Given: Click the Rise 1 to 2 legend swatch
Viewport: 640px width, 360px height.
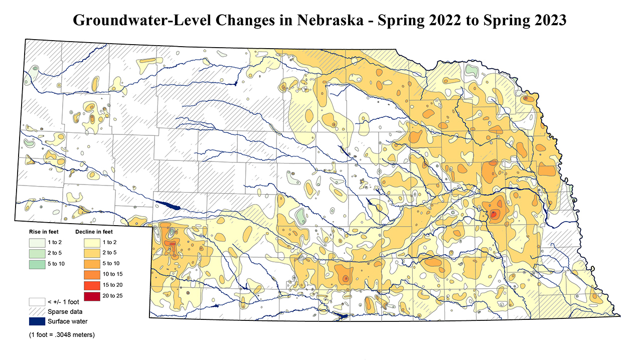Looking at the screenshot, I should click(36, 242).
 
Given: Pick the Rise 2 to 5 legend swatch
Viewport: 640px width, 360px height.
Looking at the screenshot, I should click(36, 253).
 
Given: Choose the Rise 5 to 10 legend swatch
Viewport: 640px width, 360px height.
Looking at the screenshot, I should click(36, 263).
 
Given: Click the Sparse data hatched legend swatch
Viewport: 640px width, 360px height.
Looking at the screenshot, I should click(36, 311).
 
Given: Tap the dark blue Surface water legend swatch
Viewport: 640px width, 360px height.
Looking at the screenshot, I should click(36, 321).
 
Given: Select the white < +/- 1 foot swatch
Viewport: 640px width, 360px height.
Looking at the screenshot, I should click(36, 302).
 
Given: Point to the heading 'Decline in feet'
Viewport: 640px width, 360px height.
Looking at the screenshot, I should click(94, 232).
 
